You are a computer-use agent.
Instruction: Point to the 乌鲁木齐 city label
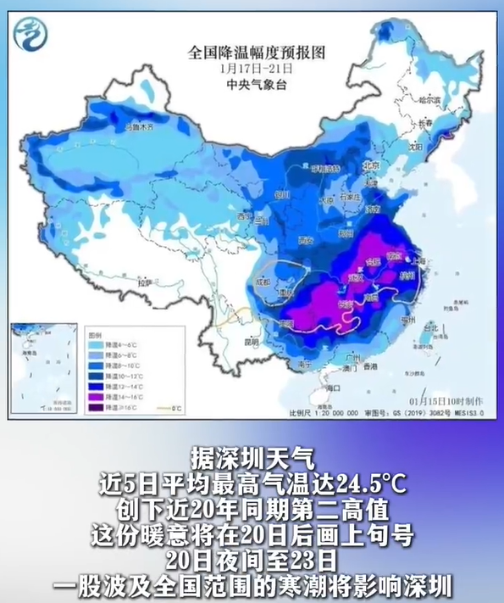(x=141, y=127)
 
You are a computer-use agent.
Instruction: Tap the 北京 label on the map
(x=369, y=166)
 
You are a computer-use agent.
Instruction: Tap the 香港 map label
(x=368, y=368)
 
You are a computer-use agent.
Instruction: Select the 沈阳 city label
(x=413, y=146)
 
